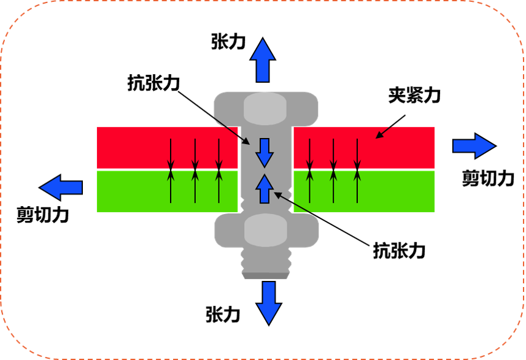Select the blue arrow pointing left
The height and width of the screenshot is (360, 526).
[61, 188]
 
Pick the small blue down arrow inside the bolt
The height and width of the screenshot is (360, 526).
[265, 153]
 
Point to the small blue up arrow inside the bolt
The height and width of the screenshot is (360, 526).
[264, 188]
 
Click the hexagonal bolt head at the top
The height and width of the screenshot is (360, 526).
[265, 109]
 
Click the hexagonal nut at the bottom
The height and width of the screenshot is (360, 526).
[266, 231]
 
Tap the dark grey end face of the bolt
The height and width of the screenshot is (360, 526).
[265, 276]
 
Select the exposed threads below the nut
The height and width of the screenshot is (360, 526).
[265, 260]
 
